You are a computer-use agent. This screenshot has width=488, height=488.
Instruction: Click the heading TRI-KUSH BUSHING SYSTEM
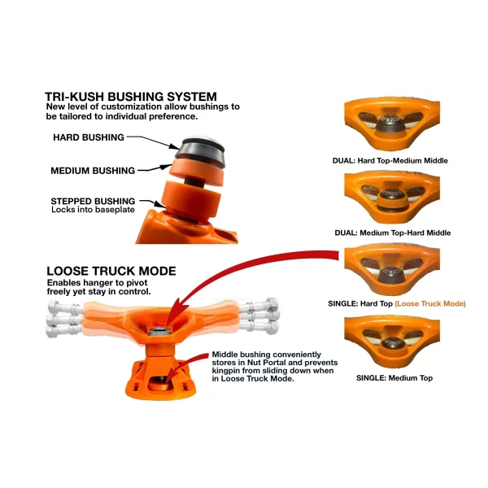tap(131, 97)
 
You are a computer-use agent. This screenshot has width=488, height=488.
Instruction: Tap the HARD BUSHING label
tap(88, 137)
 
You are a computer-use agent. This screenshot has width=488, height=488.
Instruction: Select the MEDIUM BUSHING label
tap(93, 171)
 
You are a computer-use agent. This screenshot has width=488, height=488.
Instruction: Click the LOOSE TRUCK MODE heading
tap(112, 271)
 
